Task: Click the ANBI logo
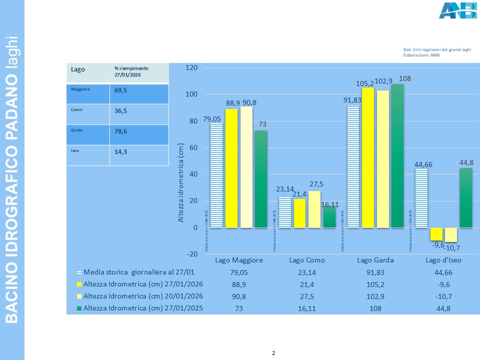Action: click(x=457, y=10)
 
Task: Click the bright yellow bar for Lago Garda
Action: click(x=368, y=157)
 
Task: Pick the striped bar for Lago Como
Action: click(x=284, y=212)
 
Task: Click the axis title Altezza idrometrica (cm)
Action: click(x=181, y=182)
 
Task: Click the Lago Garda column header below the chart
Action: click(x=375, y=260)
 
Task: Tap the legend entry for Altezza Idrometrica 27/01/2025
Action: click(x=142, y=308)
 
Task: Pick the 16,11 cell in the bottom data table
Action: click(x=307, y=308)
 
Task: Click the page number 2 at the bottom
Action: click(x=273, y=353)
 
